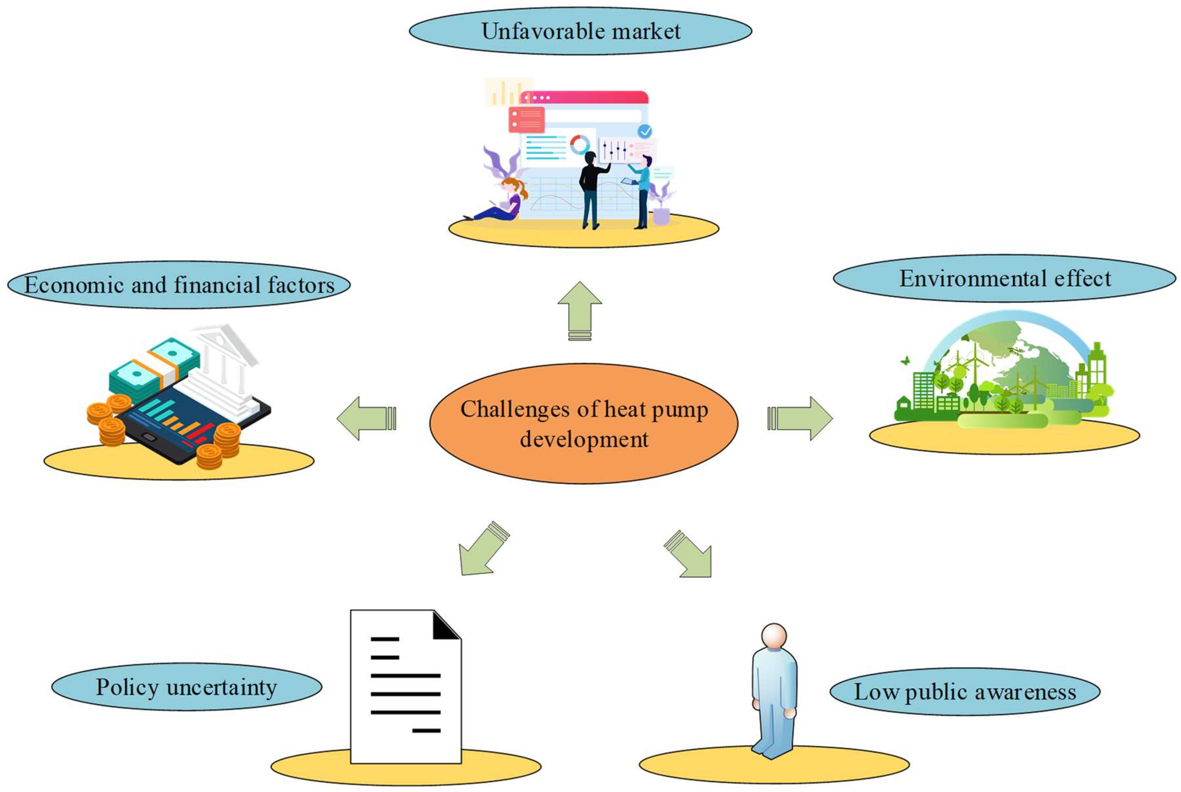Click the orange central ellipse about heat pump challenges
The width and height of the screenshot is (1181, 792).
583,423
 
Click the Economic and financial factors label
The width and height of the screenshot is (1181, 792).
179,285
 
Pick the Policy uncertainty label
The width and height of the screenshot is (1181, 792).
186,687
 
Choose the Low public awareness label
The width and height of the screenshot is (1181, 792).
964,692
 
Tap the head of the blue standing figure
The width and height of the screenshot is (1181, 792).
774,635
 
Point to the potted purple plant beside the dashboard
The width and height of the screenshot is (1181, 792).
661,207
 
